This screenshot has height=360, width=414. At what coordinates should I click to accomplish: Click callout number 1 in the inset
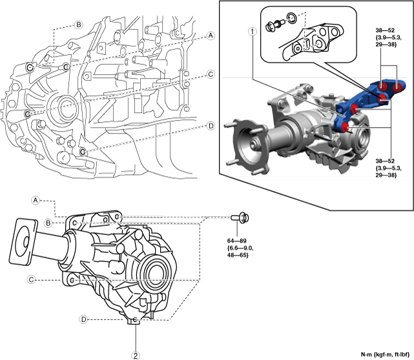click(x=253, y=32)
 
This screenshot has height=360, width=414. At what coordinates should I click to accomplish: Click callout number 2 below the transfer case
click(x=136, y=355)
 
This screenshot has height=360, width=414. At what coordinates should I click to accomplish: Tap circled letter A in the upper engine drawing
click(x=211, y=35)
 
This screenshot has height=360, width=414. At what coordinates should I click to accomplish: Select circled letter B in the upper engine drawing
click(x=78, y=25)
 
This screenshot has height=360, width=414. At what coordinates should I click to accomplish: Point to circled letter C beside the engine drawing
click(x=211, y=75)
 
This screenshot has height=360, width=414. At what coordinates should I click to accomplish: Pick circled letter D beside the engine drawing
click(x=211, y=126)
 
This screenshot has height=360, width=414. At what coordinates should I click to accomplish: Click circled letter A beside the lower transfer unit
click(x=35, y=201)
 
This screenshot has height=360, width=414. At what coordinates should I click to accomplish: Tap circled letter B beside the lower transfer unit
click(x=48, y=223)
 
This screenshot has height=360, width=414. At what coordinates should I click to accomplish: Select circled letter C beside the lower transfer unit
click(x=32, y=279)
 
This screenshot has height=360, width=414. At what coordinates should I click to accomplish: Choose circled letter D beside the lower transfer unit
click(x=83, y=319)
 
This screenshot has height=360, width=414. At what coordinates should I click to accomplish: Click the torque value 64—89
click(x=236, y=241)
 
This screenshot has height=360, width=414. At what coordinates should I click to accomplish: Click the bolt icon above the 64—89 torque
click(x=240, y=217)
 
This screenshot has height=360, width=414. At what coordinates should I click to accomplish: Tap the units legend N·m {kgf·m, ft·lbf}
click(x=385, y=355)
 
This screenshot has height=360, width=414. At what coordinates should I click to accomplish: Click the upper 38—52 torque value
click(x=385, y=30)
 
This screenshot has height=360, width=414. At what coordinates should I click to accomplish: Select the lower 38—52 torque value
click(x=385, y=161)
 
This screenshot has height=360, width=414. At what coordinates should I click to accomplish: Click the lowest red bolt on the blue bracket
click(x=345, y=127)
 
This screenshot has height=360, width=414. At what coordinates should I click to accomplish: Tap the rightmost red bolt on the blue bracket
click(x=397, y=87)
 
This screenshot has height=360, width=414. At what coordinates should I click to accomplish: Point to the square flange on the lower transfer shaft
click(x=23, y=242)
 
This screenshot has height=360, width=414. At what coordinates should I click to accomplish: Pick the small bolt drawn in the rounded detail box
click(x=274, y=25)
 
